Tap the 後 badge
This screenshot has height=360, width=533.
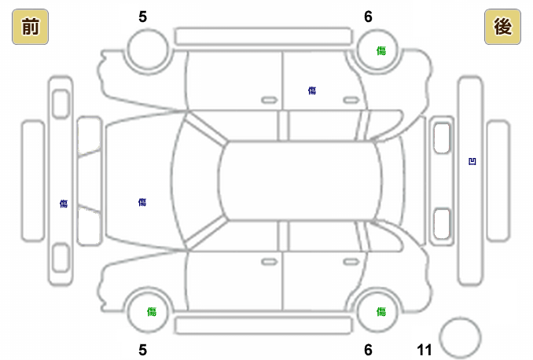pyautogui.click(x=502, y=28)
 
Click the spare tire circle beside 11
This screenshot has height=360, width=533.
pyautogui.click(x=460, y=337)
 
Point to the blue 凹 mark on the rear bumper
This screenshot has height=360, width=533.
pyautogui.click(x=472, y=162)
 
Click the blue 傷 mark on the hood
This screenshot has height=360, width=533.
pyautogui.click(x=142, y=202)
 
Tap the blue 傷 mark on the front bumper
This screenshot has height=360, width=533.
pyautogui.click(x=64, y=204)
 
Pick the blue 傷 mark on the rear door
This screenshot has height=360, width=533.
pyautogui.click(x=312, y=91)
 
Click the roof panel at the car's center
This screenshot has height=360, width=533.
pyautogui.click(x=300, y=181)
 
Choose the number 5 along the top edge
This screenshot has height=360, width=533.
pyautogui.click(x=142, y=17)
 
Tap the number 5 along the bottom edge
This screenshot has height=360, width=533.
pyautogui.click(x=142, y=350)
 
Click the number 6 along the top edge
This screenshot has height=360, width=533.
pyautogui.click(x=368, y=17)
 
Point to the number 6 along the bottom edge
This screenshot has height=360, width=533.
pyautogui.click(x=368, y=350)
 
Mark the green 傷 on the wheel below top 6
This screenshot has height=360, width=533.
pyautogui.click(x=380, y=50)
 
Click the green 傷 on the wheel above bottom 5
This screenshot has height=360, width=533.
pyautogui.click(x=151, y=311)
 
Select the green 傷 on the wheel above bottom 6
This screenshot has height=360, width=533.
pyautogui.click(x=380, y=311)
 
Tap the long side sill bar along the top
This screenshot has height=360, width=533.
pyautogui.click(x=263, y=36)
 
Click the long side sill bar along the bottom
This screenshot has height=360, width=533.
pyautogui.click(x=263, y=325)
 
